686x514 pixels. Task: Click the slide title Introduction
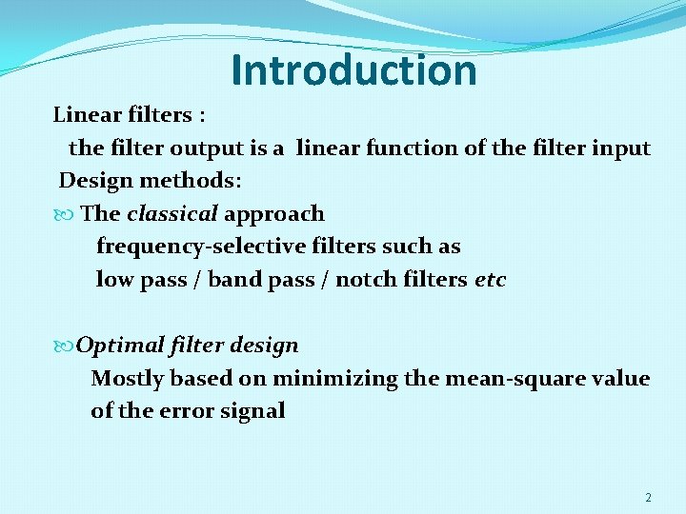click(353, 70)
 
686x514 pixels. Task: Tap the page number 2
click(648, 498)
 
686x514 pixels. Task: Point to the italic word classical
click(171, 214)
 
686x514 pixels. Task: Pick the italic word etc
click(490, 280)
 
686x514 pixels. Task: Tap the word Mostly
click(128, 379)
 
